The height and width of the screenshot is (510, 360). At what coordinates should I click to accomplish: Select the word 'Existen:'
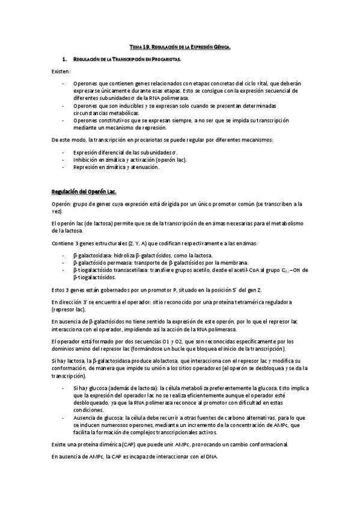(60, 72)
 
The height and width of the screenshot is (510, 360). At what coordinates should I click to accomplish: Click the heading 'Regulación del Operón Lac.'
(82, 191)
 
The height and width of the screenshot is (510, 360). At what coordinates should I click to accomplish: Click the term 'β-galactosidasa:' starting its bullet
(91, 255)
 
